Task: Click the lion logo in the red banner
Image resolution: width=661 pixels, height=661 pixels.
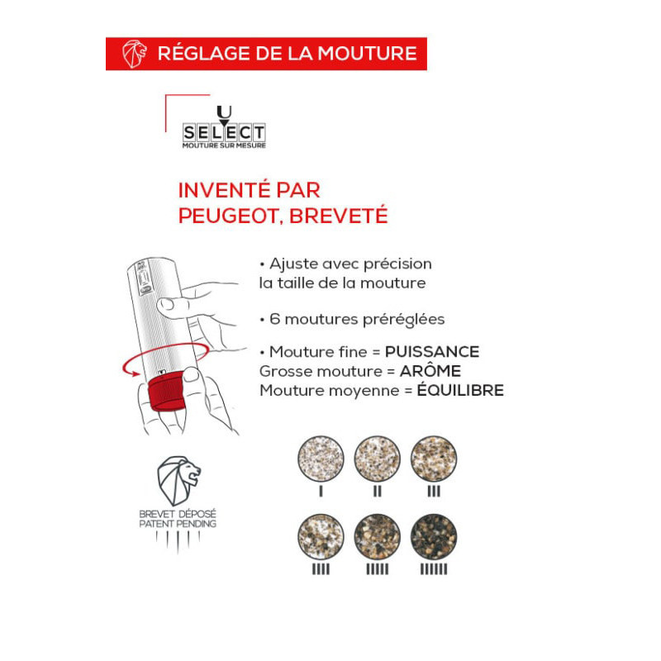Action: tap(135, 54)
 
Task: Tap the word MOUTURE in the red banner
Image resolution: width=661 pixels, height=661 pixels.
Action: tap(367, 54)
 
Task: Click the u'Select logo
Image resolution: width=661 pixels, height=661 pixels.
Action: tap(224, 127)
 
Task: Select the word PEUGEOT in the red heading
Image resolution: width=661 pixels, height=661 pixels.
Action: tap(228, 216)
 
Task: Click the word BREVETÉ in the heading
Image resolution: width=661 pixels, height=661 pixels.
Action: tap(338, 215)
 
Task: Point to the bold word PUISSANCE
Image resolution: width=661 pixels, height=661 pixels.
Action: tap(432, 352)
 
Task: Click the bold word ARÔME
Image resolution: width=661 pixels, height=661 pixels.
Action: tap(430, 370)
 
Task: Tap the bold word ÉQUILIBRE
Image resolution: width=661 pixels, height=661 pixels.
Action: tap(460, 389)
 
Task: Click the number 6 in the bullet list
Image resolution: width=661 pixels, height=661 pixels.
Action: tap(275, 319)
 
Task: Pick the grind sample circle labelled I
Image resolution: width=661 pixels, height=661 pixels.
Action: tap(321, 459)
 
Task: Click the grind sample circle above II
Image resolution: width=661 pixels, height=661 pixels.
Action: tap(377, 459)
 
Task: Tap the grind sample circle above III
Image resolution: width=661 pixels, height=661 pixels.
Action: tap(433, 459)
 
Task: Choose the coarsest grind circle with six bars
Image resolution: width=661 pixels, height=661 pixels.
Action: tap(433, 536)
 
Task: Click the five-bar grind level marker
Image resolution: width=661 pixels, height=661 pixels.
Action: tap(377, 569)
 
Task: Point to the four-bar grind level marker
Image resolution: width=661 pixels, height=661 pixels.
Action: tap(321, 569)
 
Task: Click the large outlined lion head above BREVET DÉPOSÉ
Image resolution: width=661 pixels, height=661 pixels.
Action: tap(178, 481)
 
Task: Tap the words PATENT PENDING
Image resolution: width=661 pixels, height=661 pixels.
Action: tap(178, 524)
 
